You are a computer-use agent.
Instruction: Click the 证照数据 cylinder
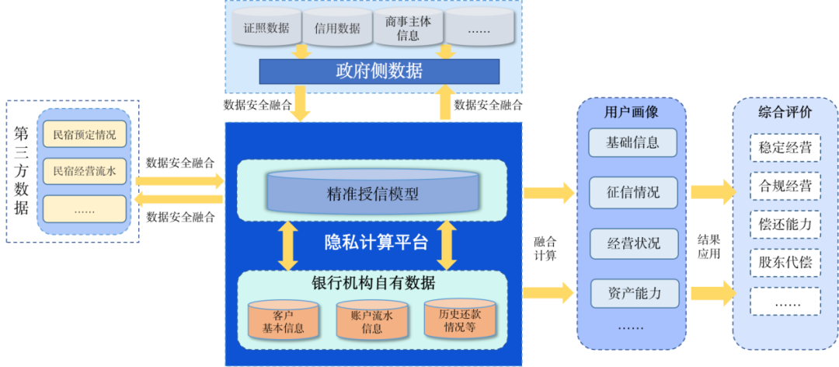click(x=266, y=28)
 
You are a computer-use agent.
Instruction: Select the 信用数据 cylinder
click(x=337, y=28)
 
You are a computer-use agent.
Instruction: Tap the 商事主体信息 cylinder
click(x=408, y=28)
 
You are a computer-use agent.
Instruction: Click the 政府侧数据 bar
click(x=379, y=72)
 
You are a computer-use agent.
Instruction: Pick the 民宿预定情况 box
click(x=85, y=135)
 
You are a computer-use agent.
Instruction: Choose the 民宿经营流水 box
click(x=85, y=171)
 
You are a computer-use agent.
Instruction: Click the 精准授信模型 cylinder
click(x=373, y=194)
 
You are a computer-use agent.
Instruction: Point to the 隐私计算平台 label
click(x=376, y=242)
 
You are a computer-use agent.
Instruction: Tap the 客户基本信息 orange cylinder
click(x=283, y=321)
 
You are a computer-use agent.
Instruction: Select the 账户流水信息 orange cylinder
click(x=372, y=321)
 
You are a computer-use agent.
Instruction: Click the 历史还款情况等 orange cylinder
click(x=460, y=320)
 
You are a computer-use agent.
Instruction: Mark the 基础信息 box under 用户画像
click(x=633, y=142)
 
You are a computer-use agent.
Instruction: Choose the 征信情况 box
click(x=633, y=192)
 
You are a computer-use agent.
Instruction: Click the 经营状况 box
click(x=633, y=243)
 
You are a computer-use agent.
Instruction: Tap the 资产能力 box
click(x=633, y=293)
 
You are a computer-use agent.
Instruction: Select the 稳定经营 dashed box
click(x=785, y=147)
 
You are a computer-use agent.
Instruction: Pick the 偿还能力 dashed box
click(x=785, y=224)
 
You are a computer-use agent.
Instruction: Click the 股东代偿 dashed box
click(x=785, y=262)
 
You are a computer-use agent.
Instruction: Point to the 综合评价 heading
click(x=785, y=112)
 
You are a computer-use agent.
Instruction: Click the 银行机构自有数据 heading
click(x=372, y=281)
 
